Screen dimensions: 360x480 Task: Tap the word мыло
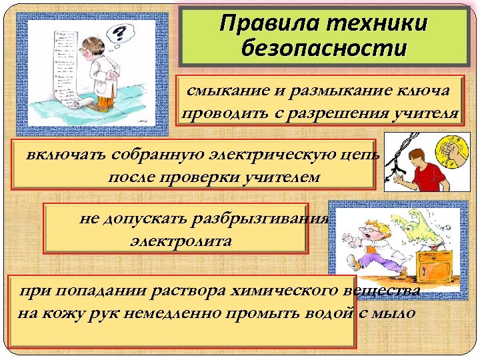(x=394, y=313)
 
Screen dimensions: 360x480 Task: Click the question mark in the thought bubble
(x=121, y=33)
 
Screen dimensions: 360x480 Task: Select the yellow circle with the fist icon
(x=449, y=151)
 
